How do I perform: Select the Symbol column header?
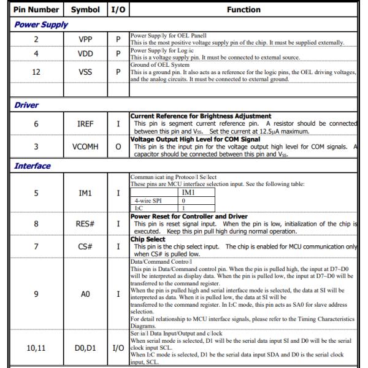click(85, 10)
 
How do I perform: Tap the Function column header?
click(243, 10)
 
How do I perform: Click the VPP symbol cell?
click(85, 39)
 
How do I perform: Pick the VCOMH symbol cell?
click(85, 147)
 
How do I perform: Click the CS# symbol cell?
click(85, 246)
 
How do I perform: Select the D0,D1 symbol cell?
click(85, 349)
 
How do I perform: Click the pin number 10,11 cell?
click(36, 349)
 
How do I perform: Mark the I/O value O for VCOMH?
click(117, 147)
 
